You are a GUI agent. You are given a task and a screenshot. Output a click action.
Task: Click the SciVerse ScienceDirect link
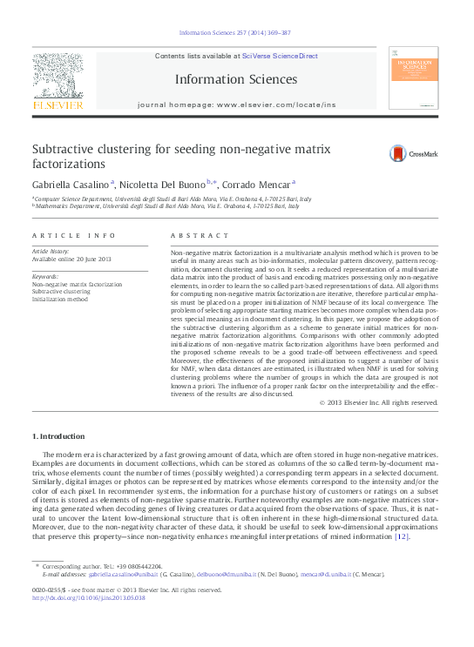272,56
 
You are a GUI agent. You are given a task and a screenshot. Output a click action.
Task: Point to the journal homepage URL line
235,105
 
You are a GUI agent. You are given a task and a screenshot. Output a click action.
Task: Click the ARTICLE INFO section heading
73,235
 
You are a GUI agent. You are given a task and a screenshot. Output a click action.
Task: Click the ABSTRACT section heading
188,235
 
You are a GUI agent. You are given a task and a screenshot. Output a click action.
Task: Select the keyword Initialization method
60,299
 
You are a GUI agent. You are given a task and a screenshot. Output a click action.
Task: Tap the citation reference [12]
401,536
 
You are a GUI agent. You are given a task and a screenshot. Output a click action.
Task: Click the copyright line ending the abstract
378,402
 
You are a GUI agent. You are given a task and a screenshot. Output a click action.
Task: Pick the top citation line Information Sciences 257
235,32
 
